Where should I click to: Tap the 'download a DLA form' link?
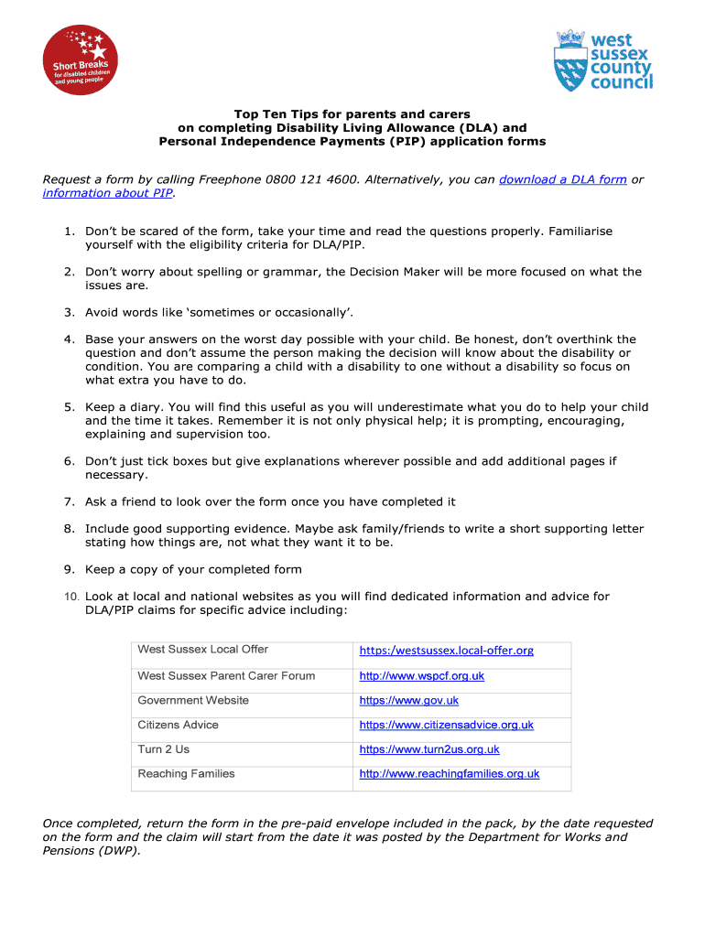click(x=562, y=179)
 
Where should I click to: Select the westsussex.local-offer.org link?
click(x=446, y=651)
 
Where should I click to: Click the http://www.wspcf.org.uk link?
click(x=421, y=676)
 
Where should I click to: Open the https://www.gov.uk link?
click(x=408, y=701)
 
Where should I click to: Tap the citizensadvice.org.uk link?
click(x=446, y=725)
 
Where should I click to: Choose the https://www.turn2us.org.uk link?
click(x=429, y=749)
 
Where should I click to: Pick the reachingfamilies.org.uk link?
click(x=449, y=774)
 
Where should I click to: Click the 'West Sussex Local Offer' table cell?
click(x=202, y=650)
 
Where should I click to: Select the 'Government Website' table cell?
click(x=192, y=701)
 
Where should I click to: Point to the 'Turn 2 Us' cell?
click(x=163, y=749)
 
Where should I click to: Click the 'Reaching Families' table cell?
click(x=186, y=774)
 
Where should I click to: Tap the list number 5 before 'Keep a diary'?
click(x=69, y=407)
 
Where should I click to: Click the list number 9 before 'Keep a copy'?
click(x=69, y=569)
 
